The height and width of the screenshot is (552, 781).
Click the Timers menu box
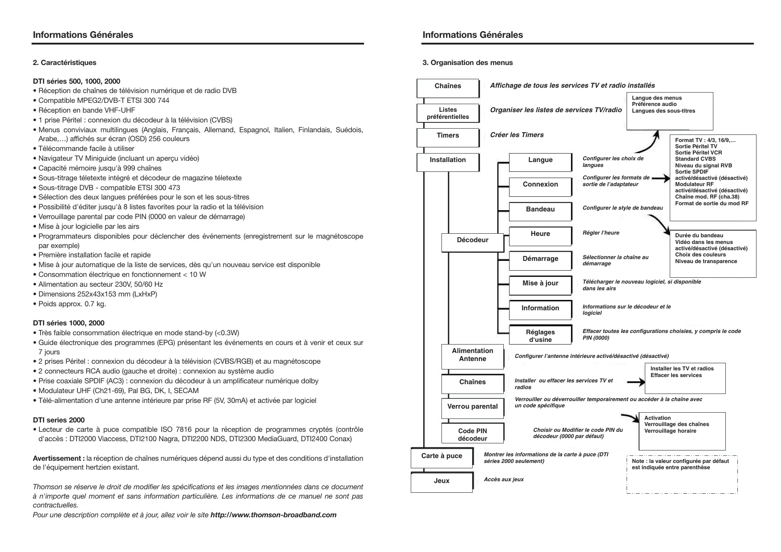pos(448,137)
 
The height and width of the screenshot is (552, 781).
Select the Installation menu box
pos(448,162)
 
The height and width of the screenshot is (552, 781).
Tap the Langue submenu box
pos(540,162)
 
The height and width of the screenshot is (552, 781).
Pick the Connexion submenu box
pos(540,187)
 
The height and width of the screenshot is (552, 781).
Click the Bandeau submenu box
pos(540,211)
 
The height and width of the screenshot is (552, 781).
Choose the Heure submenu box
pos(540,236)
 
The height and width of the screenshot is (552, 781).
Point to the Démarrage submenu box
pos(540,261)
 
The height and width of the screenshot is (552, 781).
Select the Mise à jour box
pos(540,285)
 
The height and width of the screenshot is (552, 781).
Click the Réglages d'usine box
pos(540,336)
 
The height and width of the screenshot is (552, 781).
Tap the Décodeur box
pos(473,242)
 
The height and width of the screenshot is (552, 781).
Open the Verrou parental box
pos(473,408)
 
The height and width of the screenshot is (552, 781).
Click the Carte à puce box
pos(441,458)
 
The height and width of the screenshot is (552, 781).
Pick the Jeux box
pos(441,483)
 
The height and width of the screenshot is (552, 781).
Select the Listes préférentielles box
pos(448,113)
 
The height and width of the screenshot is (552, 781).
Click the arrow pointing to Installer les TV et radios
pos(635,382)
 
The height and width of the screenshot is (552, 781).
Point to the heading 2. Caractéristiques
pos(65,63)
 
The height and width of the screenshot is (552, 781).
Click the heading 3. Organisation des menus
pos(467,63)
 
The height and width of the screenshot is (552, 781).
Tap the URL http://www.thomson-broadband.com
pos(273,515)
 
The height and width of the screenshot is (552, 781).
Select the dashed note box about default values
pos(682,475)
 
